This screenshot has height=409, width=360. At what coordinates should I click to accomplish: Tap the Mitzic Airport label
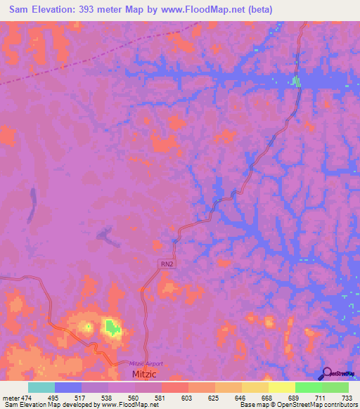pos(146,363)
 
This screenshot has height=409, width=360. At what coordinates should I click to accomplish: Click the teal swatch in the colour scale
pos(41,387)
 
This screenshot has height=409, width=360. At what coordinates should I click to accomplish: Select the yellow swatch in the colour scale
pos(281,387)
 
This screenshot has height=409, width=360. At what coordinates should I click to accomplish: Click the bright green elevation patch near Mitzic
pos(110,325)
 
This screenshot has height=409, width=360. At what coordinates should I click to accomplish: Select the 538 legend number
pos(108,398)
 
